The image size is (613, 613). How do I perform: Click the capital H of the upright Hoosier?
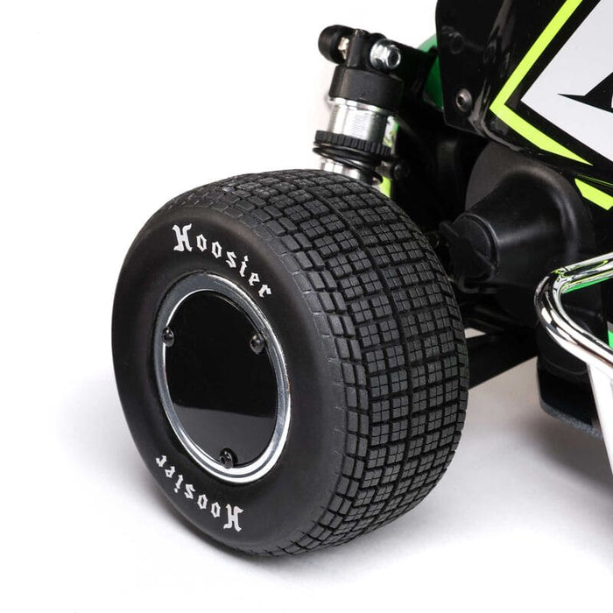point(181,236)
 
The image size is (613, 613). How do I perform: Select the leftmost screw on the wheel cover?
point(168,335)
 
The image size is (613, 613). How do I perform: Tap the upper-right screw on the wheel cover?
point(257,342)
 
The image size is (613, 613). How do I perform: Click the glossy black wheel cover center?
point(219,377)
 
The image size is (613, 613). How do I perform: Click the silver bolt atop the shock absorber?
point(384,55)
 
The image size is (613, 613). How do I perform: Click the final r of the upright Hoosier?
point(264,288)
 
